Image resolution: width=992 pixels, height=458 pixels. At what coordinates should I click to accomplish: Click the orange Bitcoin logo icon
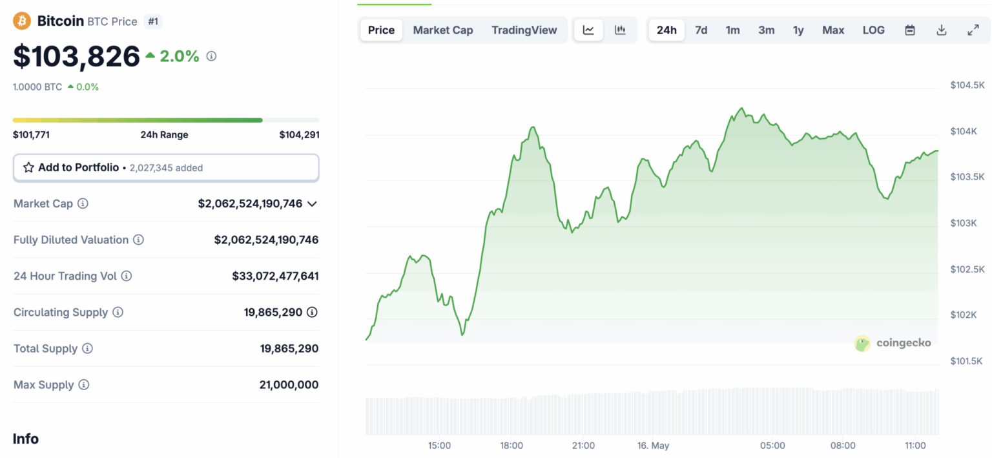(x=22, y=21)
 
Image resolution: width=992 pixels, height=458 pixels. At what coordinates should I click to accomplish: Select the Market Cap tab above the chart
(x=443, y=30)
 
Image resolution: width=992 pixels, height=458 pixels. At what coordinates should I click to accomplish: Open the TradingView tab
(x=524, y=30)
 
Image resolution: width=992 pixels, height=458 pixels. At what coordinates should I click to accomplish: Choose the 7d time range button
(x=701, y=30)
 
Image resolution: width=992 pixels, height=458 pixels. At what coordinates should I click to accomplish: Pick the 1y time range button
(x=798, y=30)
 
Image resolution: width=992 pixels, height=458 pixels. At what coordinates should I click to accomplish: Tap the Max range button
(x=833, y=30)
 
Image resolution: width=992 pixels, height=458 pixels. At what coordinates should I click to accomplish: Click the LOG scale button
(x=874, y=30)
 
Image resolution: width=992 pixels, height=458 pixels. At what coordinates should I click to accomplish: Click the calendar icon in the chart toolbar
(x=910, y=30)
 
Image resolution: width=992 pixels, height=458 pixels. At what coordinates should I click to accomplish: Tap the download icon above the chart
(x=942, y=30)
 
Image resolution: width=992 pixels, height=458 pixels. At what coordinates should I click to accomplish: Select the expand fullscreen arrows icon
(x=973, y=30)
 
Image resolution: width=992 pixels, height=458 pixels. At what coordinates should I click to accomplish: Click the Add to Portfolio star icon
(x=28, y=168)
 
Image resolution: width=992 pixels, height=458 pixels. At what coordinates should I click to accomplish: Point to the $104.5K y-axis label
(x=967, y=85)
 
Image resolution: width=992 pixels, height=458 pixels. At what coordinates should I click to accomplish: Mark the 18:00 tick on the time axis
(x=512, y=446)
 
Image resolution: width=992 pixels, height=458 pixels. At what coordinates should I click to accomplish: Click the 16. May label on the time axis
(x=652, y=446)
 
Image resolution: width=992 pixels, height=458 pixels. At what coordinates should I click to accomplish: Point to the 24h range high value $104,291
(x=299, y=135)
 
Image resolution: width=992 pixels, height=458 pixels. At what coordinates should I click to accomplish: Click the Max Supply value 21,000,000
(x=289, y=385)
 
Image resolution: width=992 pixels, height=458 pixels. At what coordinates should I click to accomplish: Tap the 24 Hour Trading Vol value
(x=275, y=276)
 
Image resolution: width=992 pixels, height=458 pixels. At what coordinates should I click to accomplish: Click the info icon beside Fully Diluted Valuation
(x=138, y=240)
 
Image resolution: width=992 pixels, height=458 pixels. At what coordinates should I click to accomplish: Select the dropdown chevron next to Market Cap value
(x=312, y=204)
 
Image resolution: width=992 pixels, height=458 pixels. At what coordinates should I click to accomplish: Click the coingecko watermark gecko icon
(x=862, y=343)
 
